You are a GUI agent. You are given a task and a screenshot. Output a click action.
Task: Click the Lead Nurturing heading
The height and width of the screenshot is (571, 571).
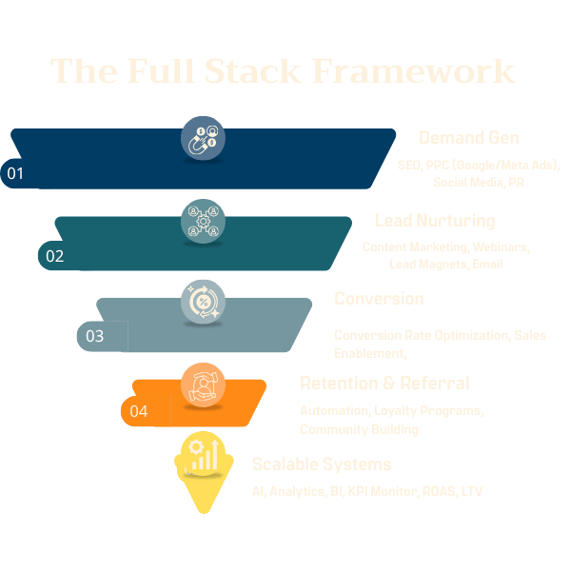click(435, 221)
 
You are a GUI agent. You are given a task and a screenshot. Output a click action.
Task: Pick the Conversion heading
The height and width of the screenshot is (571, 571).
click(379, 299)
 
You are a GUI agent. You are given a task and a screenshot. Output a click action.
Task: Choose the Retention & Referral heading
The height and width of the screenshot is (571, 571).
click(384, 384)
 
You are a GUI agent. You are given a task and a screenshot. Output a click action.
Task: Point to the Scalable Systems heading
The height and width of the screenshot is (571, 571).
click(322, 464)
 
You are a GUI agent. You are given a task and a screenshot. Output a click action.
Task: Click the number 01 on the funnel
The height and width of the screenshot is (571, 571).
click(15, 174)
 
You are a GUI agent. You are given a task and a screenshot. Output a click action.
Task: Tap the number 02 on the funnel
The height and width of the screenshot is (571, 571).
click(55, 256)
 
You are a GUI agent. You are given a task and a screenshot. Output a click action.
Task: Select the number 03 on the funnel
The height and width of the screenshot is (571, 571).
click(95, 336)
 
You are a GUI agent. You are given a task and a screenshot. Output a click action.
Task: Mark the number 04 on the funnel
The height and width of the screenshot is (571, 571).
click(139, 412)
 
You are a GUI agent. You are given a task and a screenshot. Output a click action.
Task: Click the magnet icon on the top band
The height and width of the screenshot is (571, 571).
click(203, 140)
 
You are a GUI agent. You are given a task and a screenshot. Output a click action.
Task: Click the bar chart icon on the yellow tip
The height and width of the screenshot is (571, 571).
click(203, 457)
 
